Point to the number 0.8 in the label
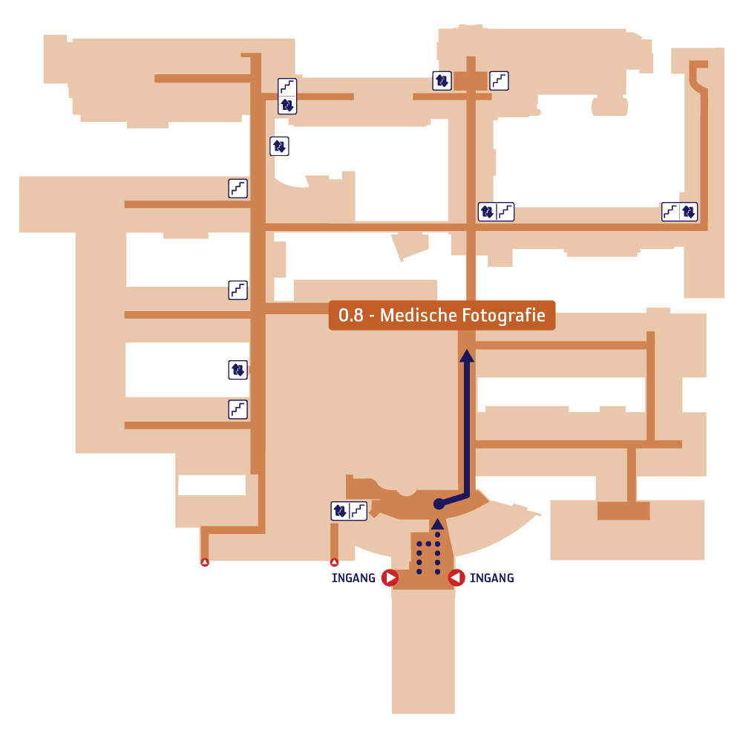[350, 316]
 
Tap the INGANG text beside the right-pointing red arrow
[353, 578]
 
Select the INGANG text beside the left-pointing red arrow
[492, 578]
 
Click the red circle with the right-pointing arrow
[390, 578]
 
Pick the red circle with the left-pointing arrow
[456, 578]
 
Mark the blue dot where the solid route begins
[439, 504]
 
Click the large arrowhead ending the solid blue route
[467, 356]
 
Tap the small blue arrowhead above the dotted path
[437, 524]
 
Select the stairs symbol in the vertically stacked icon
[287, 87]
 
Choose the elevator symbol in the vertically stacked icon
[287, 105]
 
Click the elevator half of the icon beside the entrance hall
[340, 511]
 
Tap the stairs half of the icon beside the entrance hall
[359, 511]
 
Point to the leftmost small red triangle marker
[205, 562]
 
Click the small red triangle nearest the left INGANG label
[334, 562]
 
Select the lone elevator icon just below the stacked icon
[279, 146]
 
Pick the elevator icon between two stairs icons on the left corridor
[238, 370]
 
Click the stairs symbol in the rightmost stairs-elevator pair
[670, 212]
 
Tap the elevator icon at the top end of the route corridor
[442, 81]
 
